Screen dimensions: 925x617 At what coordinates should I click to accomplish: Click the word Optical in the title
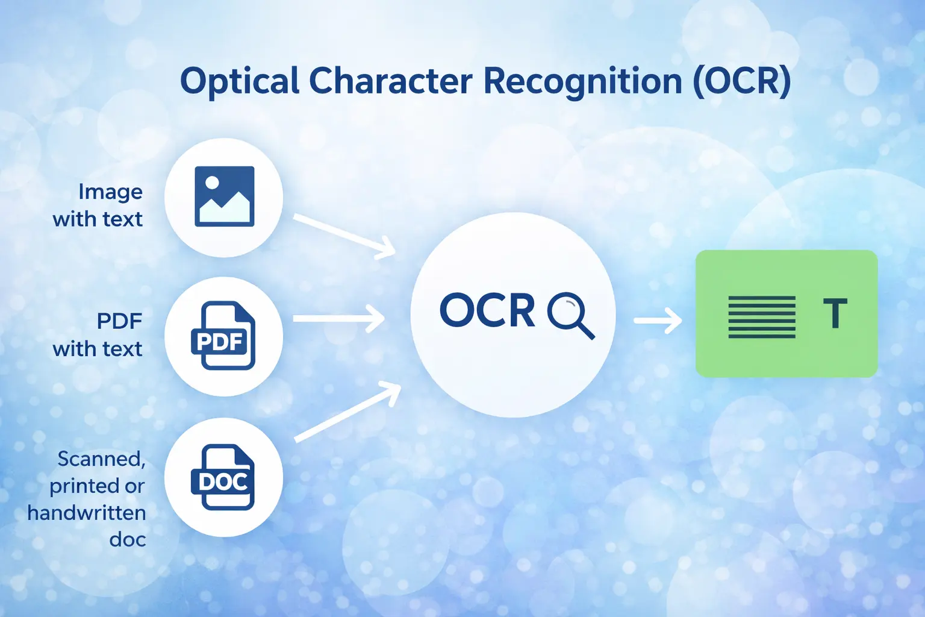pyautogui.click(x=240, y=81)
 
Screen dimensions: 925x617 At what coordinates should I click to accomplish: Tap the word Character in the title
pyautogui.click(x=390, y=81)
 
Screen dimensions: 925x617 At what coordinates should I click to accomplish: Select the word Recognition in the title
pyautogui.click(x=582, y=82)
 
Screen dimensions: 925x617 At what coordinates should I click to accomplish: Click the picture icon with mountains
pyautogui.click(x=224, y=196)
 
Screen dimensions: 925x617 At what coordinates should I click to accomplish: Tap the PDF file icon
pyautogui.click(x=223, y=336)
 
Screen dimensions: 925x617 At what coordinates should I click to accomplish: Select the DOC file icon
pyautogui.click(x=223, y=477)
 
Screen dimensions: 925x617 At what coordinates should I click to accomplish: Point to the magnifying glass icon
pyautogui.click(x=572, y=316)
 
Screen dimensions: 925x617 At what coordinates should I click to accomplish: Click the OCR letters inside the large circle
pyautogui.click(x=487, y=310)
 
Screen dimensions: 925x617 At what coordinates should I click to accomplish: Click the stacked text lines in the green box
pyautogui.click(x=762, y=317)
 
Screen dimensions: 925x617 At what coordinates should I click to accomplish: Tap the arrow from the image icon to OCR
pyautogui.click(x=345, y=236)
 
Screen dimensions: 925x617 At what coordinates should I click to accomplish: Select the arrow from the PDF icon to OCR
pyautogui.click(x=339, y=319)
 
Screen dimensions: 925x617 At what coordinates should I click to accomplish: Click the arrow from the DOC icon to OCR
pyautogui.click(x=347, y=412)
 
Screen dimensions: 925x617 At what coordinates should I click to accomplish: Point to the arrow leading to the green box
pyautogui.click(x=658, y=321)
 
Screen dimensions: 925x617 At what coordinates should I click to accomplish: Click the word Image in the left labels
pyautogui.click(x=110, y=192)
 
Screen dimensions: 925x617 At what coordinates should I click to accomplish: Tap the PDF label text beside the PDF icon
pyautogui.click(x=119, y=321)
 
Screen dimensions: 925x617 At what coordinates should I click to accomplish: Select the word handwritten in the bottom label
pyautogui.click(x=87, y=513)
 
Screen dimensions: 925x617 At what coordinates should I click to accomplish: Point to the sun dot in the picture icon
pyautogui.click(x=212, y=182)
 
